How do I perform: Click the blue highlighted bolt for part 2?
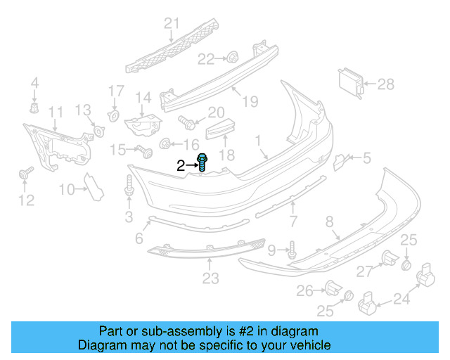202,163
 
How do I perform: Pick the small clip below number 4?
34,107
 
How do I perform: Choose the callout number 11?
56,112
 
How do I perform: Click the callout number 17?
116,91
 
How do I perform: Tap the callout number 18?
226,155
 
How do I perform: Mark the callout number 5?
366,159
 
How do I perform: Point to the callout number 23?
210,279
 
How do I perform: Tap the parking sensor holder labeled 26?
332,287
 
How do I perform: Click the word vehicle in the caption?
307,346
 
